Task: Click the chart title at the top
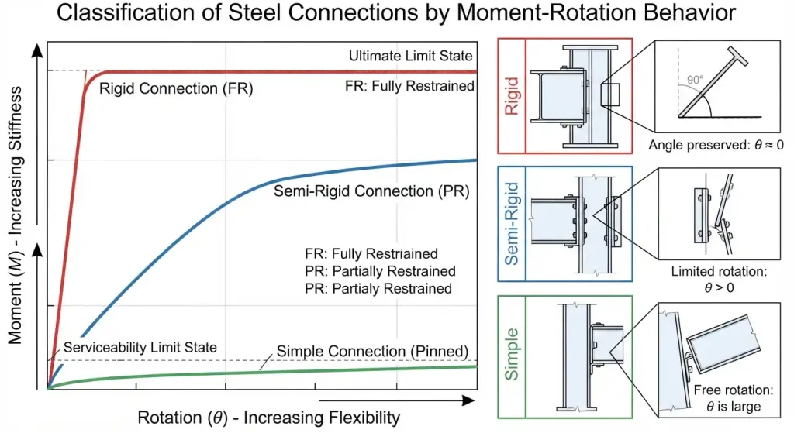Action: click(x=396, y=12)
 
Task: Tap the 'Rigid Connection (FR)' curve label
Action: click(x=176, y=88)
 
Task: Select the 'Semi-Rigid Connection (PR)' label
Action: click(x=371, y=191)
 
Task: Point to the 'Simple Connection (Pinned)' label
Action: click(x=372, y=351)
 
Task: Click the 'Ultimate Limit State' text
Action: click(x=410, y=56)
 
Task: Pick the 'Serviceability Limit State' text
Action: click(x=140, y=348)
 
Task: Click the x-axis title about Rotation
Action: click(x=269, y=418)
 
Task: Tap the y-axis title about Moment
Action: click(x=16, y=215)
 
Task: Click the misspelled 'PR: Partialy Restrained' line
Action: click(x=378, y=288)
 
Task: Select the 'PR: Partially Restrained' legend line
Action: click(x=380, y=271)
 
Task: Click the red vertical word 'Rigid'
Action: click(x=512, y=96)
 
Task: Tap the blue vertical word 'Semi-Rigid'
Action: click(x=512, y=224)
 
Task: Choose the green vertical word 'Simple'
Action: click(x=512, y=353)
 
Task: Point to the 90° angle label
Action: click(x=696, y=80)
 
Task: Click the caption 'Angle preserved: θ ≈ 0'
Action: click(x=716, y=145)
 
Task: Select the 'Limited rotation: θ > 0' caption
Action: click(x=719, y=279)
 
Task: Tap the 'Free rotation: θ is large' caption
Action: click(x=734, y=398)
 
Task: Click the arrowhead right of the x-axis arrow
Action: click(x=469, y=400)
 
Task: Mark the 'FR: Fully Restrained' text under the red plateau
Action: click(x=409, y=86)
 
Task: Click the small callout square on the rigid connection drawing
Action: click(x=610, y=95)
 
